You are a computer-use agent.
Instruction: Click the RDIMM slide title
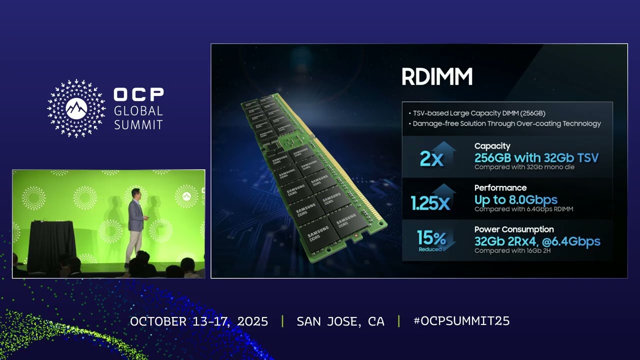(x=437, y=77)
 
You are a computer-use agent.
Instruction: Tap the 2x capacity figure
(x=431, y=158)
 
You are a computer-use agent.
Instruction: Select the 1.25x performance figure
(x=430, y=202)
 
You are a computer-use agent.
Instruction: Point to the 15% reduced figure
(x=431, y=238)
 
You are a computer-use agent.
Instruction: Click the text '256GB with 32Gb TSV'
(x=536, y=158)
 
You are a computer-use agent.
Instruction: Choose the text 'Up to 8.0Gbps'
(x=515, y=200)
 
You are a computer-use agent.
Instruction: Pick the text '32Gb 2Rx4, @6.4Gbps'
(x=537, y=241)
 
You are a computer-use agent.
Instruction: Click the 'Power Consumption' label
(x=514, y=229)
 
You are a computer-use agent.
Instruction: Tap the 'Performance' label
(x=500, y=188)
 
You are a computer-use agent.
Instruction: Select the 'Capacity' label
(x=492, y=146)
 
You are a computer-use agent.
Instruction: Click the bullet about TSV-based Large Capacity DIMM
(x=478, y=113)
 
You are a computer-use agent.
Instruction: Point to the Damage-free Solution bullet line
(x=506, y=123)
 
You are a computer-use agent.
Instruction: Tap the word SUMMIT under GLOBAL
(x=138, y=124)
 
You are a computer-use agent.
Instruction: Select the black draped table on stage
(x=51, y=245)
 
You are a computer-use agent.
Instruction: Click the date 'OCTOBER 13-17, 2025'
(x=199, y=321)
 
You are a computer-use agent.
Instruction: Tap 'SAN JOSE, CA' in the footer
(x=340, y=321)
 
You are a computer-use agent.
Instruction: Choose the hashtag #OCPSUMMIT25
(x=461, y=321)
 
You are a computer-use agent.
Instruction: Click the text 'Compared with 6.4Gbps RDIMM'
(x=523, y=209)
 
